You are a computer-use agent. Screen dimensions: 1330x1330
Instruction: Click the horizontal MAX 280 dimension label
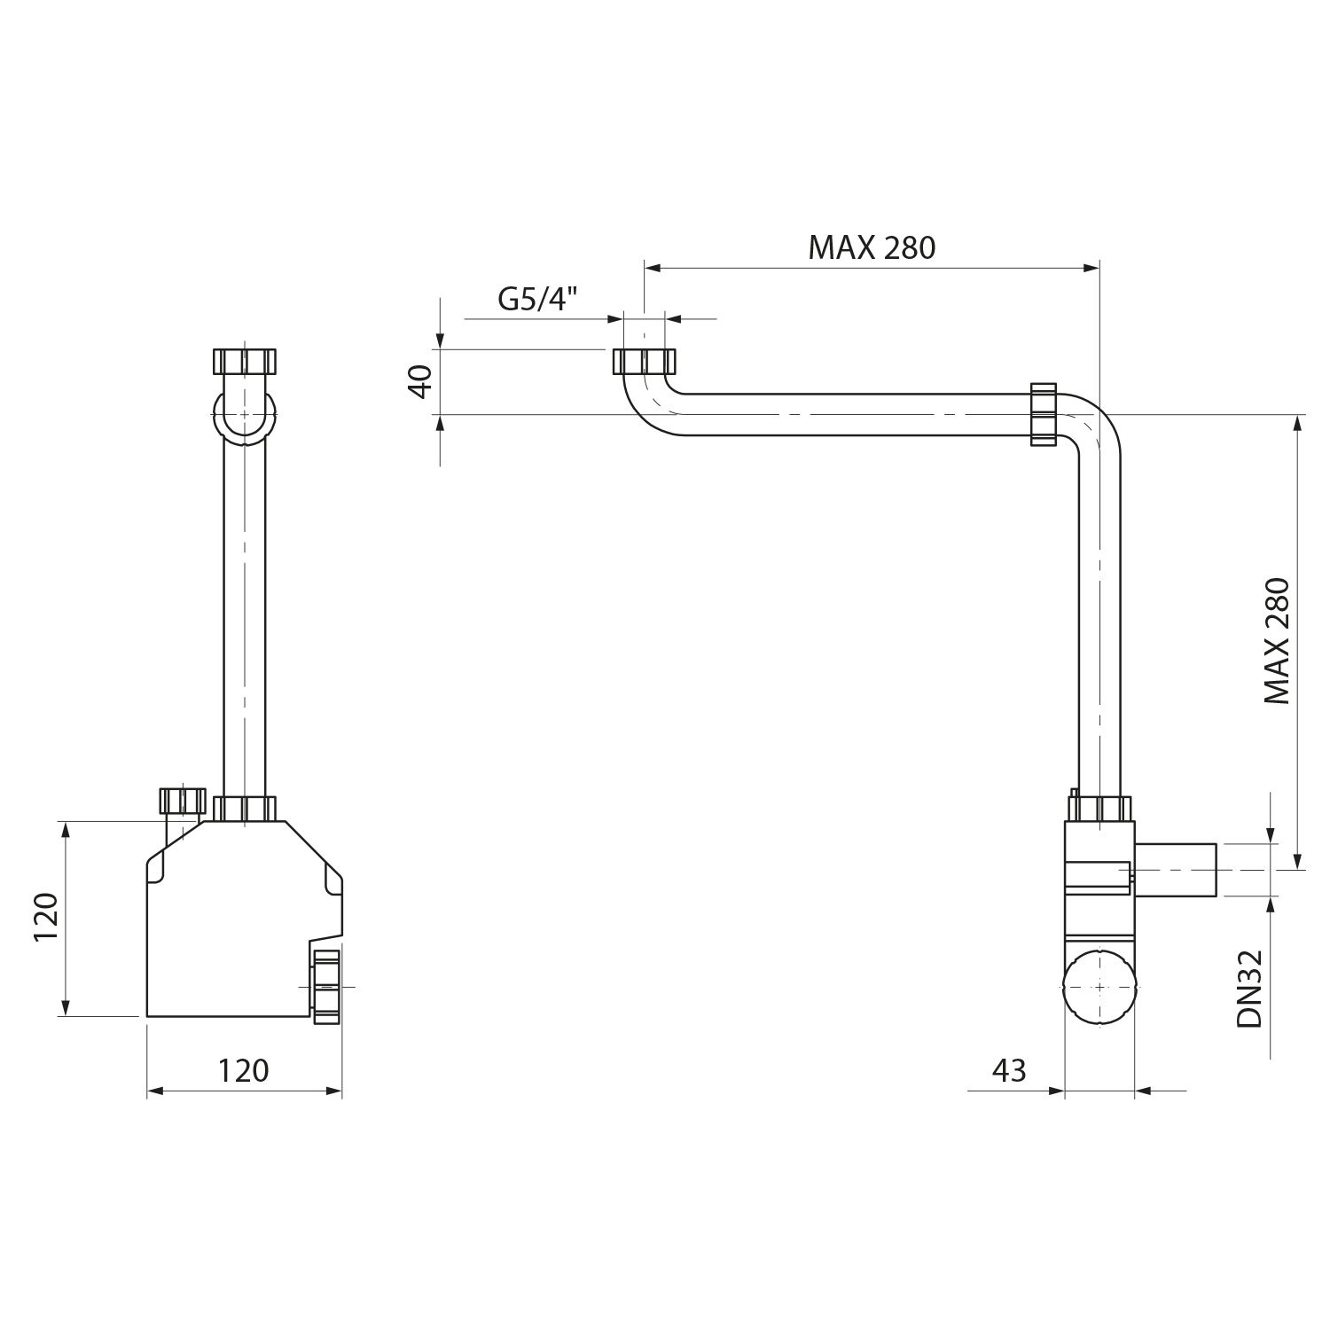[872, 247]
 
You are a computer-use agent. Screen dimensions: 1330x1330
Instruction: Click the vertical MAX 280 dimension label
[1277, 641]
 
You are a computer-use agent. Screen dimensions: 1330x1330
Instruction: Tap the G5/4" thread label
[538, 299]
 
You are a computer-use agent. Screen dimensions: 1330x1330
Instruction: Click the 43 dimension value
[1009, 1070]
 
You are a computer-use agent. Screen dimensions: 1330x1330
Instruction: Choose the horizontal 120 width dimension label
[243, 1070]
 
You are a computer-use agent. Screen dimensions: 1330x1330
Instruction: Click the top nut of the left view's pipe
[245, 361]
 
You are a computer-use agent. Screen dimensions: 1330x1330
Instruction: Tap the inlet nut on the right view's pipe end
[645, 362]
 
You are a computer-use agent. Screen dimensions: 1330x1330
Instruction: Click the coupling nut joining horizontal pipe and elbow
[1044, 413]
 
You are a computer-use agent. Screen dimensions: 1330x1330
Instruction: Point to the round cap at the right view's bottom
[1099, 987]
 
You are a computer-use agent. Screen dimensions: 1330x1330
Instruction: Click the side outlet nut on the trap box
[326, 986]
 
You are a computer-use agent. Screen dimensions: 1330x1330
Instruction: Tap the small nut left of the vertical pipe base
[182, 801]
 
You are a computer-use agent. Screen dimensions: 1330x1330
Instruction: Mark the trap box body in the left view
[245, 919]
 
